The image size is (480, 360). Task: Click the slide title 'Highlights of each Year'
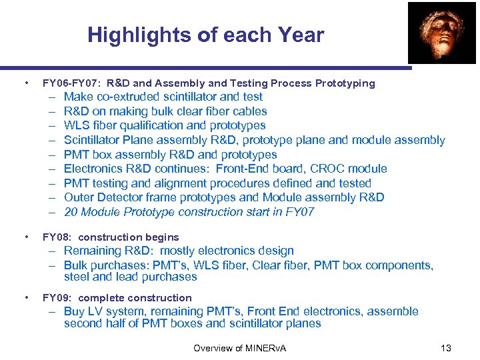[x=205, y=35]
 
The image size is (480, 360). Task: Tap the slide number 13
[x=446, y=348]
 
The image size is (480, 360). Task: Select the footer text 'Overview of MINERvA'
[x=239, y=348]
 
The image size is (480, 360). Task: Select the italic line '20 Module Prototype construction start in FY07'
[x=189, y=212]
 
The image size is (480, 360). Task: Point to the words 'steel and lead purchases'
[x=131, y=277]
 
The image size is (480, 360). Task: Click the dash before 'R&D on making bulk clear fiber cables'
[x=51, y=111]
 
